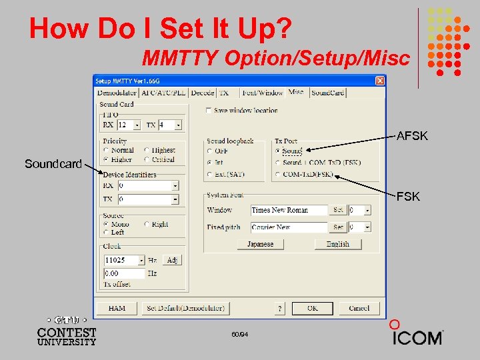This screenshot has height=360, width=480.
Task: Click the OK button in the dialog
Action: (x=312, y=308)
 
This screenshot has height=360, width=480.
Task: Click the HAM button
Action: (x=117, y=308)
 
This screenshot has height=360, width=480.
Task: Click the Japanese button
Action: (x=260, y=244)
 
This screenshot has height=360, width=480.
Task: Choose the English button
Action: (x=337, y=244)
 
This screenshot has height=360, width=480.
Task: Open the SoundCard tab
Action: (x=328, y=93)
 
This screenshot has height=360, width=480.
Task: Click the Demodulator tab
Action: (x=117, y=93)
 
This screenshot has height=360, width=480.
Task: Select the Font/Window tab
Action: (x=262, y=93)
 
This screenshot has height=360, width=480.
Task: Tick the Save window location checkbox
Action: (x=209, y=111)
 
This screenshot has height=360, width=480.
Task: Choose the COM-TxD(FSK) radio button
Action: (x=278, y=175)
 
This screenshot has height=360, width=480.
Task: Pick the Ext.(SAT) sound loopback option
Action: (x=211, y=175)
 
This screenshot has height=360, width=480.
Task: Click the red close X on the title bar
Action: (x=379, y=81)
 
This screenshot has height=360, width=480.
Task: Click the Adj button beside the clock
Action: (x=172, y=260)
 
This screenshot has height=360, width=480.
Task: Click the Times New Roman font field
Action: (x=289, y=210)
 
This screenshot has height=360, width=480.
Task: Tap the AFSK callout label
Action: (x=412, y=137)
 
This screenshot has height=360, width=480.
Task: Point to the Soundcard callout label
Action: (x=53, y=163)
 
